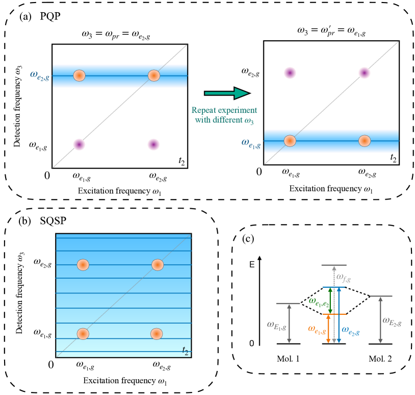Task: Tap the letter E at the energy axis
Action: (251, 265)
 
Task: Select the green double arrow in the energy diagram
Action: (331, 301)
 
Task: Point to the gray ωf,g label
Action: (348, 276)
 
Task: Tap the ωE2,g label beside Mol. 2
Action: (393, 320)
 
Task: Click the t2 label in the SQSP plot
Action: (186, 350)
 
